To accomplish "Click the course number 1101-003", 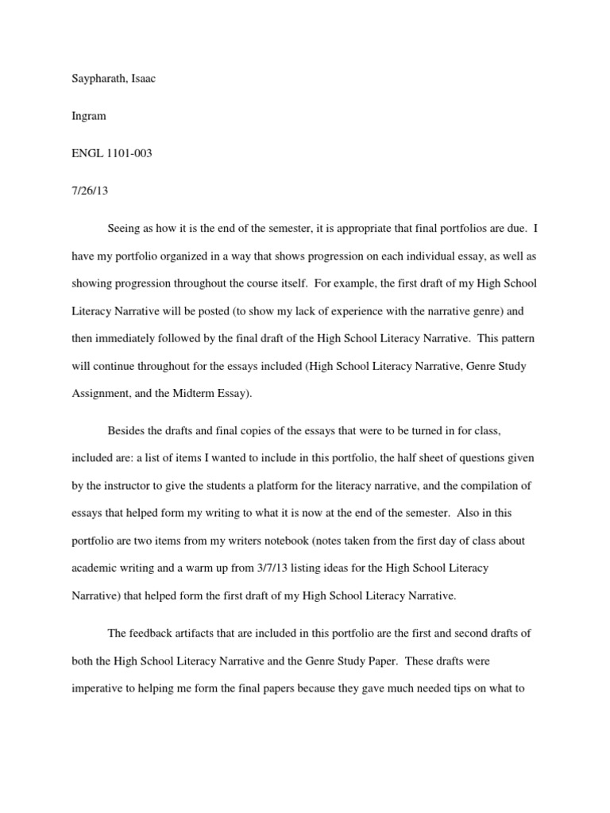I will click(125, 153).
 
